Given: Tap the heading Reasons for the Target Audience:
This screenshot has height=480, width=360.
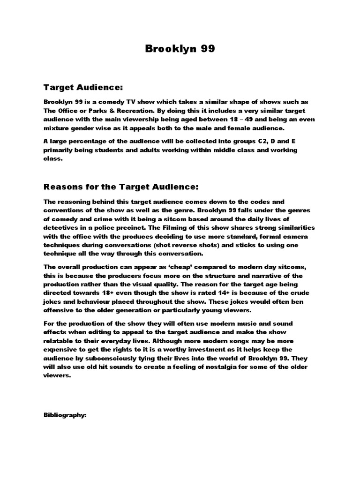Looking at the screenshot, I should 121,187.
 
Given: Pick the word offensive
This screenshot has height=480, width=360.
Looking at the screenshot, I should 60,310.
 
